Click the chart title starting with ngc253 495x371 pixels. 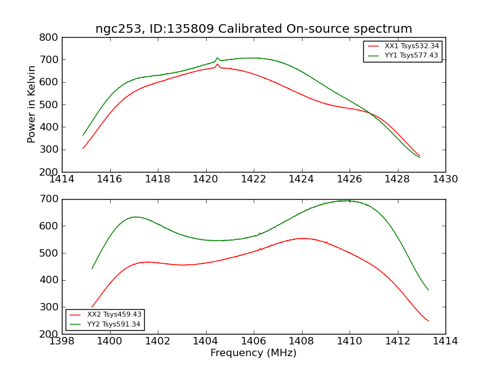pos(254,29)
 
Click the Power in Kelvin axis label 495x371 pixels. pos(32,104)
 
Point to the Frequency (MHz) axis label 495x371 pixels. pos(254,353)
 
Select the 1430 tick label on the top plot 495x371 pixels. pos(445,179)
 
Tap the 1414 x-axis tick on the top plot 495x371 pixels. pos(62,179)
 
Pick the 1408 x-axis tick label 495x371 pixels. pos(302,341)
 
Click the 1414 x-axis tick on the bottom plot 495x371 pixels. pos(445,341)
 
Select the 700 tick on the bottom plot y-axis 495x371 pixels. pos(50,199)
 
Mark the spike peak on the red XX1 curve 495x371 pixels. pos(218,64)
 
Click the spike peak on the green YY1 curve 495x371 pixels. pos(217,58)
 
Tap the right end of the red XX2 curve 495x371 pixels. pos(428,321)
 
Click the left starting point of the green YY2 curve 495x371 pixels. pos(92,268)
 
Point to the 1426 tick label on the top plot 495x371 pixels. pos(350,179)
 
